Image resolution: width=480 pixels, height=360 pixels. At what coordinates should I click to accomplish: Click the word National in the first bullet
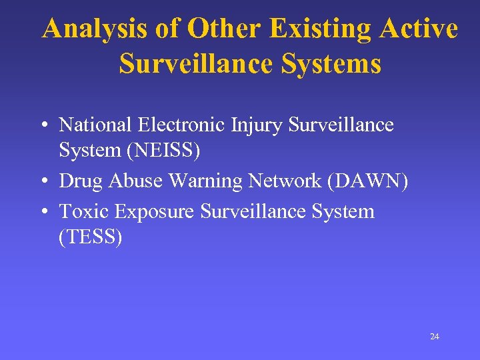coord(96,125)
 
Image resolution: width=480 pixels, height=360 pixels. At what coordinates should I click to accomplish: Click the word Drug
coord(79,181)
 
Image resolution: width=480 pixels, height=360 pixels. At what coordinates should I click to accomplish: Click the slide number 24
coord(434,337)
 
